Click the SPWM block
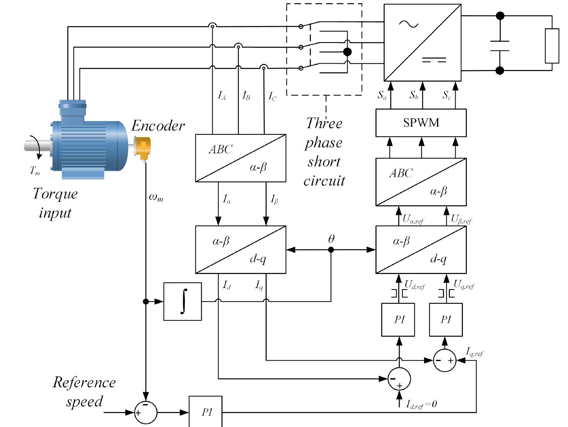pos(421,123)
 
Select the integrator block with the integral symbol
pos(183,302)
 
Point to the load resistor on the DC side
pos(552,46)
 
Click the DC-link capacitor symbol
pos(500,46)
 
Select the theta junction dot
pos(331,250)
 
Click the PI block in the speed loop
pos(205,412)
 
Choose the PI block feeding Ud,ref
pos(398,320)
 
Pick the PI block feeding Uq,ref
pos(446,320)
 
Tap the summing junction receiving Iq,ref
pos(444,360)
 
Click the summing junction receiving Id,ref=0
pos(399,379)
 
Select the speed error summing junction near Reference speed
pos(146,412)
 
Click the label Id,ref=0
pos(421,405)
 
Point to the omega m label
pos(156,197)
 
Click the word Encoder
pos(158,126)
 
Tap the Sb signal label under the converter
pos(414,95)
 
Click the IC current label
pos(273,96)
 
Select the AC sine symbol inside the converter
pos(409,24)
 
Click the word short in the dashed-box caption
pos(324,162)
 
